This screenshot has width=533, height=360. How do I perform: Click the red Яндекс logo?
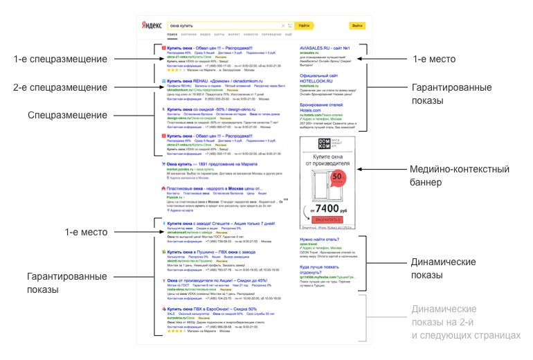click(x=153, y=26)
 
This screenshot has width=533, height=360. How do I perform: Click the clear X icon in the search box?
click(x=282, y=26)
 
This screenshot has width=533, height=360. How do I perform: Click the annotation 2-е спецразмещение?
click(x=61, y=87)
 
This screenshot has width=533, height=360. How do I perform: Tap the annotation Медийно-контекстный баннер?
click(x=459, y=176)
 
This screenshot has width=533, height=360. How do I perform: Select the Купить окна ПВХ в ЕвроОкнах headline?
click(x=212, y=309)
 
